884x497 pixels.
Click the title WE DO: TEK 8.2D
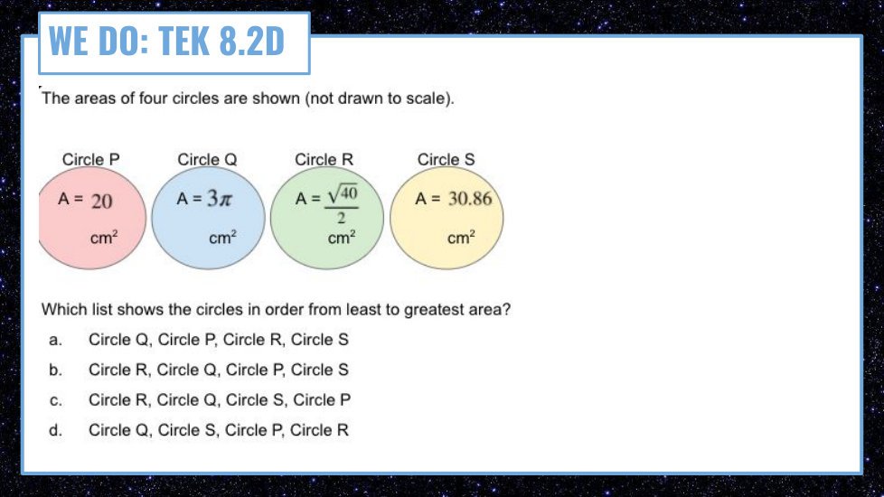click(x=166, y=42)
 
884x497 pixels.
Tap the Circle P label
click(x=90, y=159)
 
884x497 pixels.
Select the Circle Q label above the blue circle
click(x=207, y=159)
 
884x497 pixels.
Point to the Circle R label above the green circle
click(x=324, y=159)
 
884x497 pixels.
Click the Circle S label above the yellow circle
click(x=446, y=159)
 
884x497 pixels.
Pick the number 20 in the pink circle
click(x=102, y=202)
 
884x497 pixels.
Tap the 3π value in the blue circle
click(x=220, y=198)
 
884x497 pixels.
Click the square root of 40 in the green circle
click(x=343, y=194)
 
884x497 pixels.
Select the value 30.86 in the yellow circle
click(x=470, y=199)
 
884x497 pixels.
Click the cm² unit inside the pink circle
click(x=104, y=238)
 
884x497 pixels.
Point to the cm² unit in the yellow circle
click(x=461, y=238)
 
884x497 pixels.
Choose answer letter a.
click(x=55, y=340)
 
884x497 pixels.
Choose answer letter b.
click(x=55, y=370)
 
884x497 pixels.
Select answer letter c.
click(x=55, y=400)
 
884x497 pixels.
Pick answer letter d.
click(x=55, y=430)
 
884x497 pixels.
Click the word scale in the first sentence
click(x=427, y=98)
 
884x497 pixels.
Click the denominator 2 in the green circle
click(x=341, y=218)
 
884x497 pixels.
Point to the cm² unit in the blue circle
click(x=222, y=238)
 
